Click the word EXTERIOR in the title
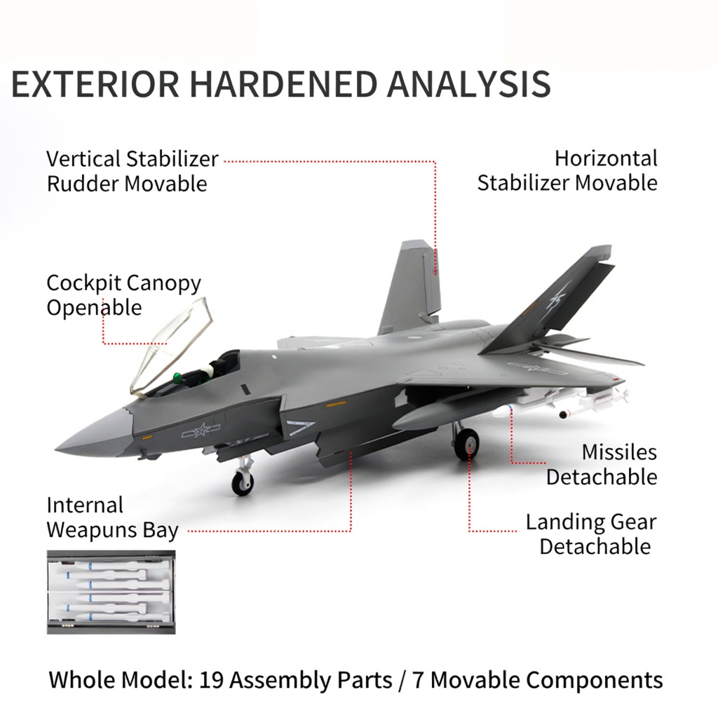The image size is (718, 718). pyautogui.click(x=95, y=84)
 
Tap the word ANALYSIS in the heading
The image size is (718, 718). pyautogui.click(x=469, y=84)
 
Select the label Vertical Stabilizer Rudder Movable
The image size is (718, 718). pyautogui.click(x=133, y=171)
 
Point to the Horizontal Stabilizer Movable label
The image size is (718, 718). pyautogui.click(x=567, y=170)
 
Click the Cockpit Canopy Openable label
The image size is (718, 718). pyautogui.click(x=123, y=295)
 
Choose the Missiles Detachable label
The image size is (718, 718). pyautogui.click(x=602, y=464)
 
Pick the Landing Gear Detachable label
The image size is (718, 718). pyautogui.click(x=591, y=534)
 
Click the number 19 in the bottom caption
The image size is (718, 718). pyautogui.click(x=211, y=680)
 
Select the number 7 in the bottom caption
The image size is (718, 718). pyautogui.click(x=418, y=680)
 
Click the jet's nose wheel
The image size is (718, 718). pyautogui.click(x=242, y=483)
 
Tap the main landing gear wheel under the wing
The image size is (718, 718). pyautogui.click(x=466, y=443)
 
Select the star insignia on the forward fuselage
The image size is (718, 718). pyautogui.click(x=201, y=430)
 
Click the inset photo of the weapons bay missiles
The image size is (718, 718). pyautogui.click(x=111, y=592)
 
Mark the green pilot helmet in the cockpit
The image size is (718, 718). pyautogui.click(x=177, y=377)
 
